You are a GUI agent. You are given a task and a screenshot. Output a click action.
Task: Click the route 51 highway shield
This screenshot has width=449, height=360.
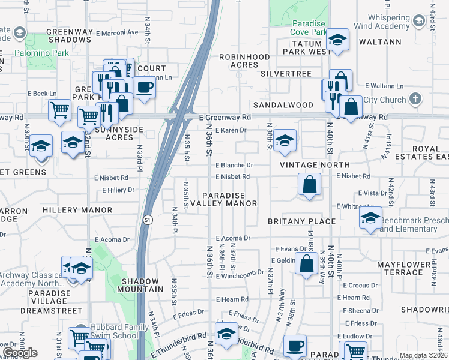(x=148, y=220)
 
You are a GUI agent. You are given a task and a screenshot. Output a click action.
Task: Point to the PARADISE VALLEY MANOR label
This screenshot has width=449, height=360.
(x=229, y=199)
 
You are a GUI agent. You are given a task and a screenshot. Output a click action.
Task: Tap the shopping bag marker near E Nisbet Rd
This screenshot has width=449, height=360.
(x=309, y=184)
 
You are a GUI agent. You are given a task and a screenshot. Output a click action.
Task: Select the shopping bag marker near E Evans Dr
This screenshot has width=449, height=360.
(x=306, y=263)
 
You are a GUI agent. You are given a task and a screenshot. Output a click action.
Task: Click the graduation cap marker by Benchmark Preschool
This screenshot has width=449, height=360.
(x=370, y=217)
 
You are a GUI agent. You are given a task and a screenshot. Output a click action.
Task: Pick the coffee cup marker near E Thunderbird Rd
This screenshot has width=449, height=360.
(x=294, y=346)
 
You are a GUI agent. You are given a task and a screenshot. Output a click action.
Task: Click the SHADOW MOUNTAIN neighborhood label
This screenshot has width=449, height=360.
(x=140, y=285)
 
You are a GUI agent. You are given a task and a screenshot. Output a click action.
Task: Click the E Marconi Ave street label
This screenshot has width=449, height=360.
(x=118, y=32)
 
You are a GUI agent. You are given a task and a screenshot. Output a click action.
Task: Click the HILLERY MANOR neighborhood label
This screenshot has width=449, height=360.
(x=77, y=210)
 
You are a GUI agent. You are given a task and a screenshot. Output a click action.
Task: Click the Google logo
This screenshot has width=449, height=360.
(x=20, y=353)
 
